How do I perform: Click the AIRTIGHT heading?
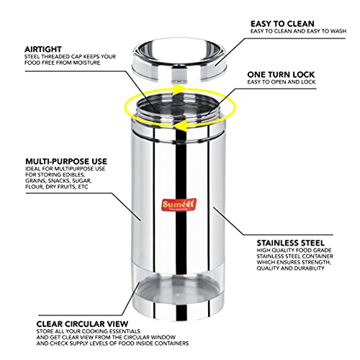point(43,49)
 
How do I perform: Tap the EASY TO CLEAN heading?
point(282,24)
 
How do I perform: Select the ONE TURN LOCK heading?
point(281,75)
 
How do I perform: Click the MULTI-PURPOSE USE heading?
point(66,161)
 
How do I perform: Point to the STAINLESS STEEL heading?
point(290,243)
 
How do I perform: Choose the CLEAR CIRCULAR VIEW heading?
point(82,324)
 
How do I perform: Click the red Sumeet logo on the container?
point(179,204)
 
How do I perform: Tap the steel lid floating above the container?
point(180,60)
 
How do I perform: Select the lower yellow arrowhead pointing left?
point(179,125)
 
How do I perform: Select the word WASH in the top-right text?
point(338,31)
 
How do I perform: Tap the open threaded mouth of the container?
point(178,107)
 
